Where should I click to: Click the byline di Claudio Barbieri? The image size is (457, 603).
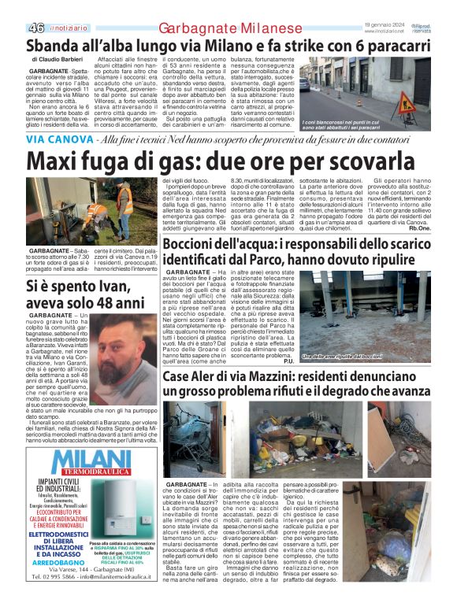coord(60,60)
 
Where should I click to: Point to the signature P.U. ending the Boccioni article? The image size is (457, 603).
coord(288,361)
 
